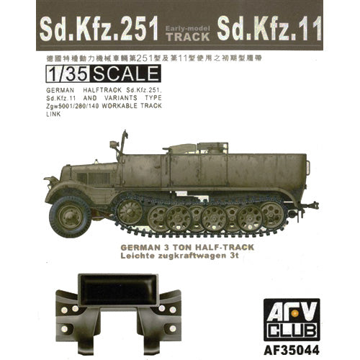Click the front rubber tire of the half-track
[70, 214]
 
